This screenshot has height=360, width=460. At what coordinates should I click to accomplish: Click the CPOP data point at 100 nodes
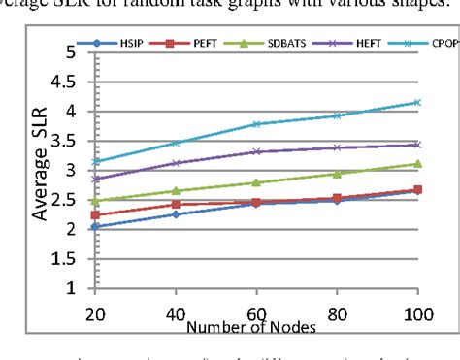(x=417, y=102)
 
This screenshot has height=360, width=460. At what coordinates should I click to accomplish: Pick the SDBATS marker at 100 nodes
(x=417, y=163)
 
